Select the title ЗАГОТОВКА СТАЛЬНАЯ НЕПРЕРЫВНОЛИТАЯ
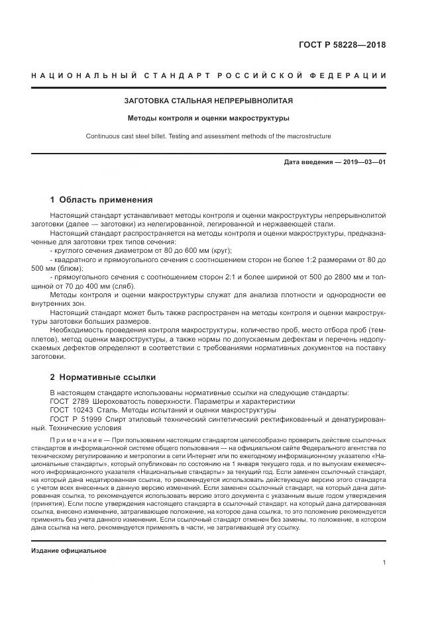click(209, 101)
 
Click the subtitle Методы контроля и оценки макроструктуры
click(209, 119)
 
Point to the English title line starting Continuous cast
click(209, 136)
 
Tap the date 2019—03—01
click(362, 162)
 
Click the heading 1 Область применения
click(101, 199)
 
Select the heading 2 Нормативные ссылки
click(103, 377)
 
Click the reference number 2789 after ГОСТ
click(80, 401)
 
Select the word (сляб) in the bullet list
click(121, 285)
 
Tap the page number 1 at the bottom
click(384, 562)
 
